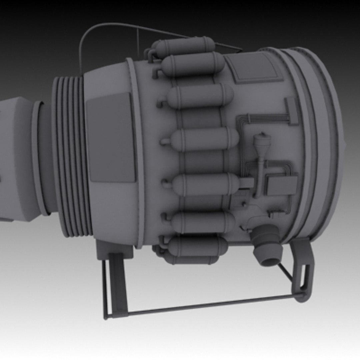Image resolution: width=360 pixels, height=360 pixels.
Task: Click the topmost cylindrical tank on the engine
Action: [187, 46]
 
